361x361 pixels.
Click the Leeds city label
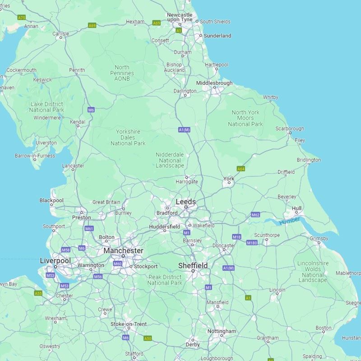tap(186, 202)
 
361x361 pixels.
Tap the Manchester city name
tap(123, 250)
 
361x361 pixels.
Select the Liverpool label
tap(55, 261)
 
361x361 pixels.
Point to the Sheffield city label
tap(193, 265)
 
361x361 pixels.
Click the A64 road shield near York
tap(241, 169)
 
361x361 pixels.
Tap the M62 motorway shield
tap(255, 215)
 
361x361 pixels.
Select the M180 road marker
tap(252, 243)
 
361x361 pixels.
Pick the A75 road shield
tap(21, 18)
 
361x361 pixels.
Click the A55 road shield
tap(38, 293)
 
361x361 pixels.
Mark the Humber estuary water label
tap(289, 221)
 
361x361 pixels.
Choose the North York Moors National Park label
tap(245, 118)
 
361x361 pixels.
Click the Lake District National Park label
tap(47, 107)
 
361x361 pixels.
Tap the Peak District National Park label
tap(165, 280)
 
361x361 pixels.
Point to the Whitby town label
tap(271, 97)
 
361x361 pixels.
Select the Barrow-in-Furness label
tap(35, 156)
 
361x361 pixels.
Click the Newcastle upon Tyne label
tap(180, 17)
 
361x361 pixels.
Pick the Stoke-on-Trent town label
tap(129, 324)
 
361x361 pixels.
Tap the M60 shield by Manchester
tap(117, 264)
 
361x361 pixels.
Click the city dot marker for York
tap(229, 183)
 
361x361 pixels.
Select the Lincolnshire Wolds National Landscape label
tap(313, 272)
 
